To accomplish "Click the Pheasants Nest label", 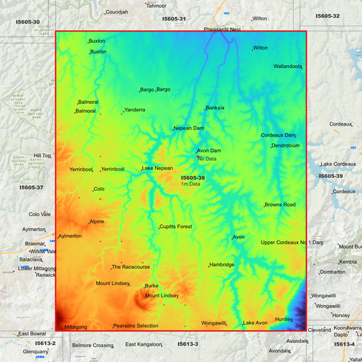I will click(x=222, y=30).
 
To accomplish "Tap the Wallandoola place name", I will click(x=287, y=67).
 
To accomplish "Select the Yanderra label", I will click(x=134, y=110).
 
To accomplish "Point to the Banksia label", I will click(x=215, y=108).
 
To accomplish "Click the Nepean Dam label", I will click(x=188, y=128).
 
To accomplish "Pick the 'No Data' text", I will click(x=207, y=159).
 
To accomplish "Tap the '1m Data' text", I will click(x=190, y=184).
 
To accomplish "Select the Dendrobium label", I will click(x=286, y=145).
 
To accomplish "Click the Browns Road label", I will click(x=280, y=204).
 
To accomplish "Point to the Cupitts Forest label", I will click(x=176, y=227).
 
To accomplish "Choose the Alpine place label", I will click(x=97, y=221).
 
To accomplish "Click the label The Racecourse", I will click(x=131, y=267).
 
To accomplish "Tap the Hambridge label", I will click(x=222, y=265).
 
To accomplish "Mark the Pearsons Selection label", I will click(x=136, y=326).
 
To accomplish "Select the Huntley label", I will click(x=284, y=319).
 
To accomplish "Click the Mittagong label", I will click(x=75, y=327).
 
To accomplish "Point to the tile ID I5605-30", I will click(x=28, y=22).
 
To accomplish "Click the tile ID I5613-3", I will click(x=187, y=344).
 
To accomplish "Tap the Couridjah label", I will click(x=116, y=12).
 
